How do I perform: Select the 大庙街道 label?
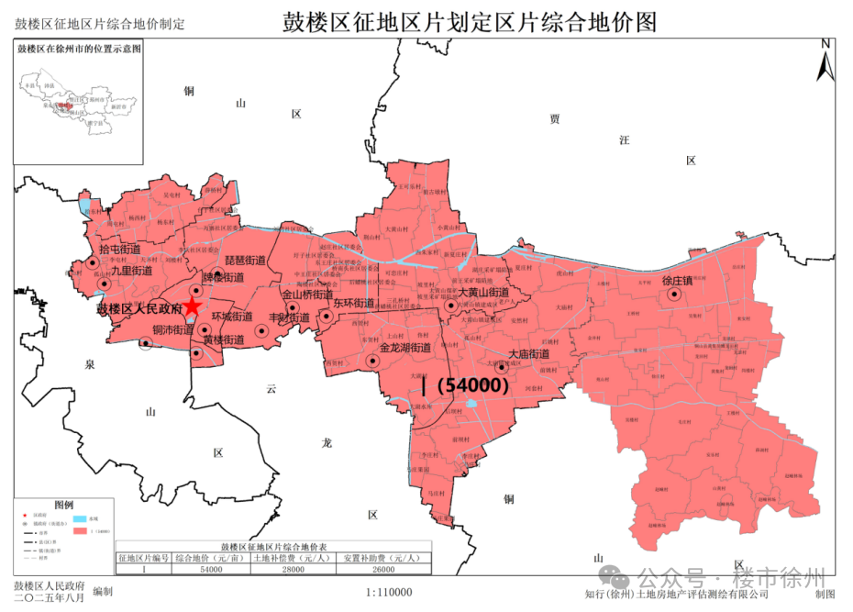[528, 354]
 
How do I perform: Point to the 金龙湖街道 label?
[405, 349]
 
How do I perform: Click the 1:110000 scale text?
[389, 593]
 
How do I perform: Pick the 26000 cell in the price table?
[381, 570]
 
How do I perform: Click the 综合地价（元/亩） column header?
[210, 558]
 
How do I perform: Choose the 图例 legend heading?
[63, 505]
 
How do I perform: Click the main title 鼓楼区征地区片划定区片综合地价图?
[471, 23]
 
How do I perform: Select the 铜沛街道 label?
[172, 329]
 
